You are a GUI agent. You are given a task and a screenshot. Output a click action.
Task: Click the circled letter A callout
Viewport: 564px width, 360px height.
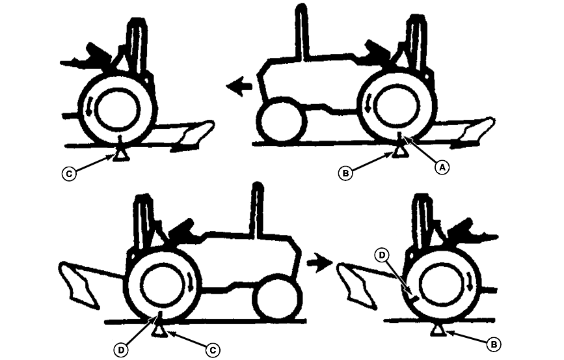pyautogui.click(x=442, y=167)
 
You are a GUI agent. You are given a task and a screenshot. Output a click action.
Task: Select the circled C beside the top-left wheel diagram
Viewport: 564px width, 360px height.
pyautogui.click(x=69, y=174)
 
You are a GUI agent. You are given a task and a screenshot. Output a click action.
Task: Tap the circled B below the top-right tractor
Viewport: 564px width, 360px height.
pyautogui.click(x=345, y=173)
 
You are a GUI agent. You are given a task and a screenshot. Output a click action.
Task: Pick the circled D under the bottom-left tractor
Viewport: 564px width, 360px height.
pyautogui.click(x=121, y=350)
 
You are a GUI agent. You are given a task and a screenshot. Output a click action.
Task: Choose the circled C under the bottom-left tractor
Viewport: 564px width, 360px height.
pyautogui.click(x=213, y=350)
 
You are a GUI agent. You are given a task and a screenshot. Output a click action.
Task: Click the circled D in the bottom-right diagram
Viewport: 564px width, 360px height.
pyautogui.click(x=382, y=255)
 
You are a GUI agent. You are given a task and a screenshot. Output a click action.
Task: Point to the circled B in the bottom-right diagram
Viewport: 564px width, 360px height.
pyautogui.click(x=494, y=344)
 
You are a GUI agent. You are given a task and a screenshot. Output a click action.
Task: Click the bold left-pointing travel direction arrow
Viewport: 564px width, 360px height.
pyautogui.click(x=239, y=87)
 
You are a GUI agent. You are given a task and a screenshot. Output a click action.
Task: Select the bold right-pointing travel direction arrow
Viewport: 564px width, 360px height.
pyautogui.click(x=319, y=263)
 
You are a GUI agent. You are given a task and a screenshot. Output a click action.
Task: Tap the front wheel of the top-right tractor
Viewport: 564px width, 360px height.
pyautogui.click(x=282, y=120)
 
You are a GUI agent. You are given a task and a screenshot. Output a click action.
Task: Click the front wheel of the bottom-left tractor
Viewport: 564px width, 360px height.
pyautogui.click(x=276, y=298)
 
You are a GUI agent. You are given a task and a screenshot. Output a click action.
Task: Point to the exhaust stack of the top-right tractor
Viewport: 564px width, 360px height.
pyautogui.click(x=302, y=32)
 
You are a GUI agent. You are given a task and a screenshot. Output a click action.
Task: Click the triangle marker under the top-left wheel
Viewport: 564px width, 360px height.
pyautogui.click(x=121, y=155)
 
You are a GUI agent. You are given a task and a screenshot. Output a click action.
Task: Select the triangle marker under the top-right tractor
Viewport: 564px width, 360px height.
pyautogui.click(x=400, y=152)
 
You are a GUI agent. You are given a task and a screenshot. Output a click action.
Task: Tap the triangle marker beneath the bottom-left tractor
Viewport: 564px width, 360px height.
pyautogui.click(x=159, y=331)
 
